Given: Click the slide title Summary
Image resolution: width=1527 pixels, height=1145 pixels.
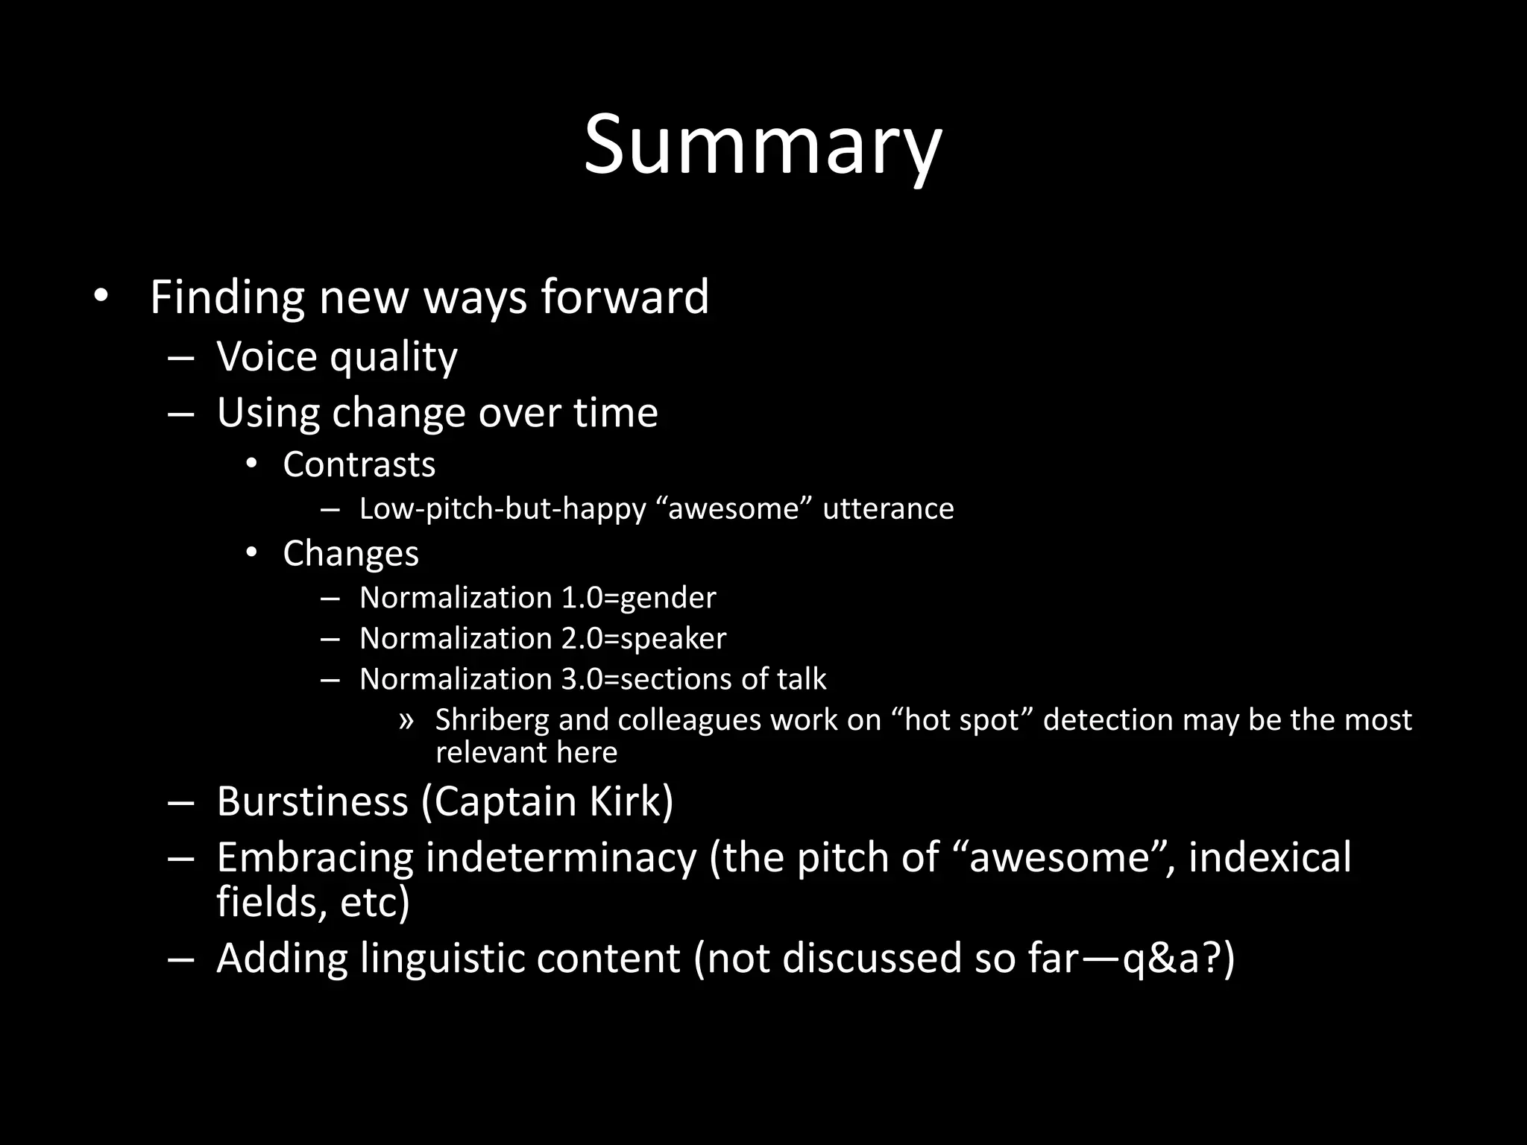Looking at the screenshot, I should [x=763, y=145].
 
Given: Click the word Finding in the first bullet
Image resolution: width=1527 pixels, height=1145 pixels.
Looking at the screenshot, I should [x=227, y=297].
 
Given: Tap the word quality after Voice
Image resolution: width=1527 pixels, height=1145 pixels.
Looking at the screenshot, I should [x=394, y=357].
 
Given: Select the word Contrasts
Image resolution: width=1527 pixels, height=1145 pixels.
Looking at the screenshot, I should [x=359, y=465].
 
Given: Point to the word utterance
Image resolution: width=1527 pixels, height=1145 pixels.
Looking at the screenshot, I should [x=888, y=509].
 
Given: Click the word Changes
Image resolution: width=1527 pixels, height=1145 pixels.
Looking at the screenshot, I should [x=350, y=554].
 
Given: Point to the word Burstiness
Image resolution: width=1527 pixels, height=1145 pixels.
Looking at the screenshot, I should [x=312, y=802].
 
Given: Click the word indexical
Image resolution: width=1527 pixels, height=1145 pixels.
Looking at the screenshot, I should [x=1269, y=858].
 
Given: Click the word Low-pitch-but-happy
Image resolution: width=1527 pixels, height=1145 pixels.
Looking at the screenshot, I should [x=503, y=509].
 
